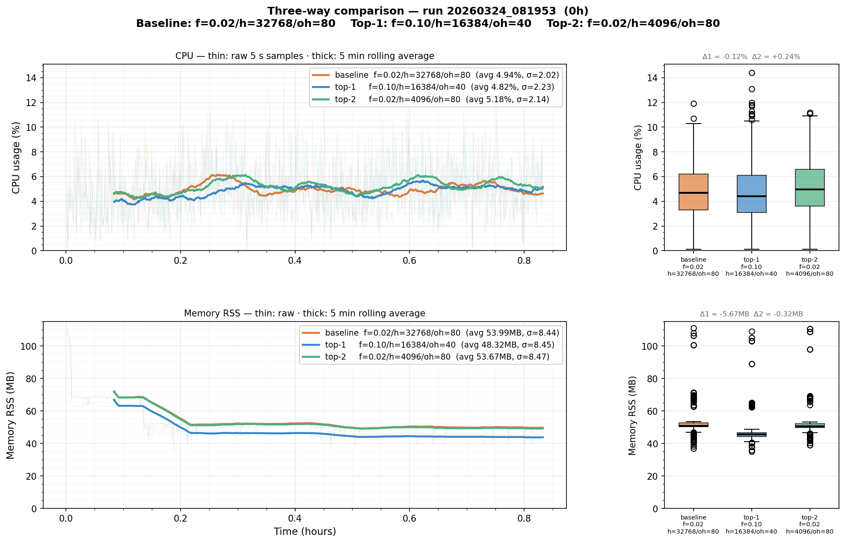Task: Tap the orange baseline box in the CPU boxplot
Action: tap(693, 192)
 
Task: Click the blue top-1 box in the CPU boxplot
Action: tap(751, 194)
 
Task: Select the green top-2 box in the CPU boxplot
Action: tap(809, 188)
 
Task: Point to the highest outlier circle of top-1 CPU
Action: tap(752, 73)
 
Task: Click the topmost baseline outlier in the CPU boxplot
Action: tap(694, 103)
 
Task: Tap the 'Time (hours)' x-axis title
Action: tap(305, 531)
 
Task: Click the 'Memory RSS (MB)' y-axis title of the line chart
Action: tap(11, 415)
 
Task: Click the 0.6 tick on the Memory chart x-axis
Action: tap(409, 519)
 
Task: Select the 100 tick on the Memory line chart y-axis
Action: tap(28, 346)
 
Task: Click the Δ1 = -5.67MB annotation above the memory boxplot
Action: tap(724, 314)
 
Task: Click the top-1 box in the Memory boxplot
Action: tap(751, 434)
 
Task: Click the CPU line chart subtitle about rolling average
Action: tap(305, 56)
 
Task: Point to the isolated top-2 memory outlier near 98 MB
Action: tap(810, 349)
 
